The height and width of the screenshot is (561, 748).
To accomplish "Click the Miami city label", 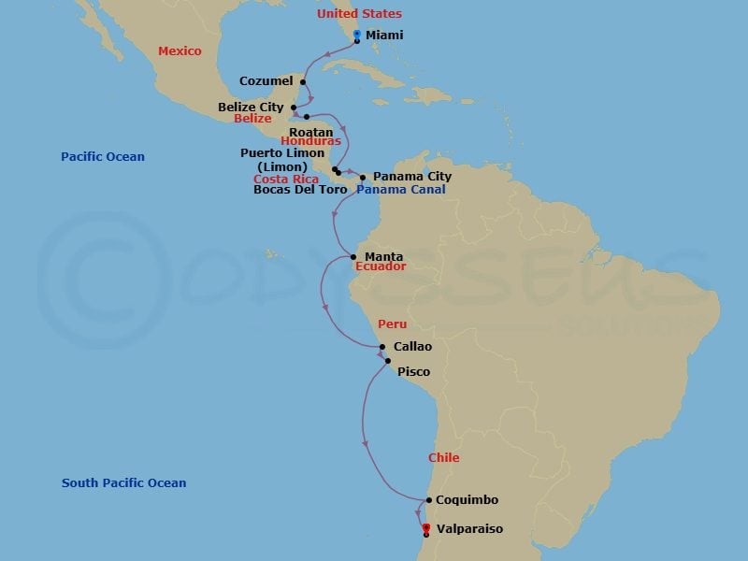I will click(x=384, y=35).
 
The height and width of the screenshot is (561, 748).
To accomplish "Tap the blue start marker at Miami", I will click(x=357, y=35).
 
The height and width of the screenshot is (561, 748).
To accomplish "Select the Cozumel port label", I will click(x=266, y=81).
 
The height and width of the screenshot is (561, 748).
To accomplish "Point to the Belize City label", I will click(x=251, y=108).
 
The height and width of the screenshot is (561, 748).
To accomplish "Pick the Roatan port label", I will click(x=311, y=133).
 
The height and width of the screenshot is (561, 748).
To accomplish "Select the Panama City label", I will click(x=411, y=177).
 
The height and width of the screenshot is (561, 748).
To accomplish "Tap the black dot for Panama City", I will click(x=363, y=177).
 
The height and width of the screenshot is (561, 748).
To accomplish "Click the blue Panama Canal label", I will click(x=400, y=189).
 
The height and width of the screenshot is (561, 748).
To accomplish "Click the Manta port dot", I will click(x=352, y=257).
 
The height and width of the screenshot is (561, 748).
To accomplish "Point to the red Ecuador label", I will click(x=380, y=266).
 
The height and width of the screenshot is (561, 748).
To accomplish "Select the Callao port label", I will click(x=412, y=347).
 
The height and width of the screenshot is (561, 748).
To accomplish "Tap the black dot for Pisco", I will click(x=387, y=360).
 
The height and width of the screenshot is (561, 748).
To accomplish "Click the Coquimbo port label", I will click(x=467, y=500).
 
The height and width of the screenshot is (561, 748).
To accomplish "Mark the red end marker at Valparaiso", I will click(x=426, y=528).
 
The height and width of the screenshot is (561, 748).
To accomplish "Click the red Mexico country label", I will click(x=180, y=51).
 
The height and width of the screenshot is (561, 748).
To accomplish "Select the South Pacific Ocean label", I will click(x=123, y=483).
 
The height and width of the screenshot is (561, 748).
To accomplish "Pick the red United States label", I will click(x=359, y=14).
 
